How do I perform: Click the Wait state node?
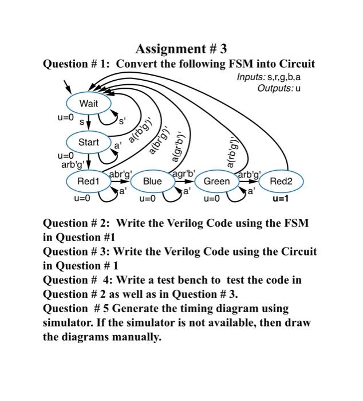click(x=89, y=104)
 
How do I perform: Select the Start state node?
click(x=89, y=142)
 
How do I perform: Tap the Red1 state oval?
click(x=88, y=182)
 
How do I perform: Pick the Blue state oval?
click(x=152, y=182)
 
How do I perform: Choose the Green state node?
click(x=216, y=182)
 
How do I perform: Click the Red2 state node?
click(x=281, y=182)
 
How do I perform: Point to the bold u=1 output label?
click(x=281, y=199)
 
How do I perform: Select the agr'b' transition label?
click(x=184, y=173)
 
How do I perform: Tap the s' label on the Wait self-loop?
click(x=121, y=121)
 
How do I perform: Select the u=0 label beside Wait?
click(x=65, y=117)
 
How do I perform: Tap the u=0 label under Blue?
click(x=147, y=199)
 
